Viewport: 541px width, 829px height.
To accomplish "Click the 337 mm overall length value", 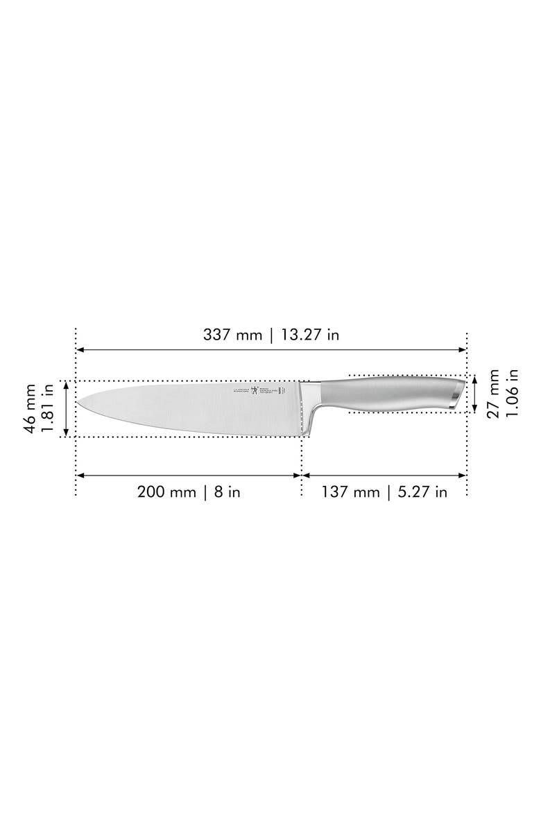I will [x=232, y=335].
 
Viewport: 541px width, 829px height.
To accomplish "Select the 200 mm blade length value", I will [x=166, y=492].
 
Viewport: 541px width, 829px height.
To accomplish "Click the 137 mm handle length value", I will [x=350, y=492].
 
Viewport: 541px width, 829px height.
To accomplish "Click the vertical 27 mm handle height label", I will [x=494, y=393].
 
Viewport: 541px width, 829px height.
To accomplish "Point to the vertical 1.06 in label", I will [x=512, y=393].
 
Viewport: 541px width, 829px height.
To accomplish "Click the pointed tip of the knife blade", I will [x=78, y=404].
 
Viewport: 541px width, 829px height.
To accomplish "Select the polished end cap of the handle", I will [x=455, y=394].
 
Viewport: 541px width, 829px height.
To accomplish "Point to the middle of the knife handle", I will [x=388, y=394].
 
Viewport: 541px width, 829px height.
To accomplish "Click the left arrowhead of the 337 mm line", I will [x=80, y=349].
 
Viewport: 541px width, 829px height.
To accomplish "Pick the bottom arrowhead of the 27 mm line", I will [x=475, y=409].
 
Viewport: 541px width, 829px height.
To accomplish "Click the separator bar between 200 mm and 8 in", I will [x=205, y=492].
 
